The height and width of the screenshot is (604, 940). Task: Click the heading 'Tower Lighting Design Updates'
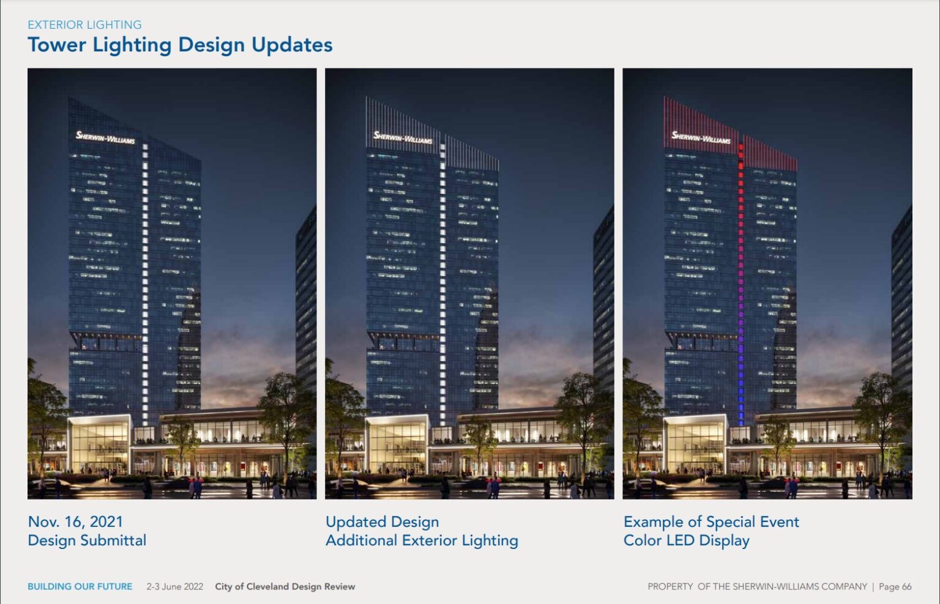coord(180,45)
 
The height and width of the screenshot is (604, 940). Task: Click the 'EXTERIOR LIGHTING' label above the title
coord(84,24)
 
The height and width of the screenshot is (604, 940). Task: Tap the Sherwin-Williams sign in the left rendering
coord(105,138)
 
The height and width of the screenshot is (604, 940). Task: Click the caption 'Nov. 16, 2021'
coord(75,521)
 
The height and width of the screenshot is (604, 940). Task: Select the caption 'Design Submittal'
coord(87,540)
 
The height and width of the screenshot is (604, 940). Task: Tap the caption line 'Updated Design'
coord(382,521)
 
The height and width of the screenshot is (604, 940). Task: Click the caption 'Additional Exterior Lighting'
coord(422,540)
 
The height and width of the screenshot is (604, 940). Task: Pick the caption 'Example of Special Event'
coord(711,521)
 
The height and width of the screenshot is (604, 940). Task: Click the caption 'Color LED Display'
coord(686,540)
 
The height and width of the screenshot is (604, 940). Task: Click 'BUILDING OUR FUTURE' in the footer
coord(80,586)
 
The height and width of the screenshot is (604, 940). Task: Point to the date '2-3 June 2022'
coord(174,586)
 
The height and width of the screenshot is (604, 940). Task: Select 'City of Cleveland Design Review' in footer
coord(285,586)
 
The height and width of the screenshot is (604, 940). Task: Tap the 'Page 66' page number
coord(895,586)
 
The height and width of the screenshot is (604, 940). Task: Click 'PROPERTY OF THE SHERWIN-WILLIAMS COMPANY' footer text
coord(757,586)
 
